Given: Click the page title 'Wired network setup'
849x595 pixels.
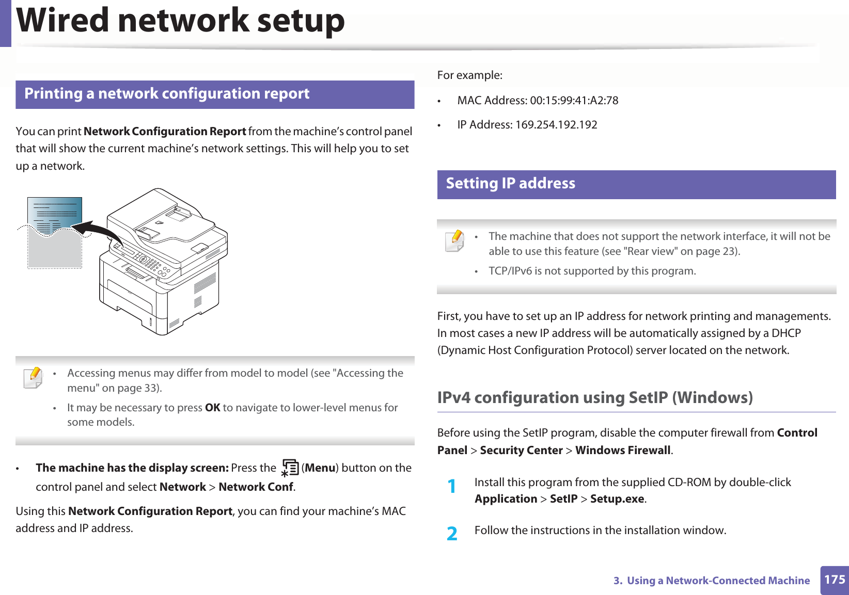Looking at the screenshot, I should (181, 21).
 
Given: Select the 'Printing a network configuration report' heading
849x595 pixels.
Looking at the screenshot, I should (167, 94).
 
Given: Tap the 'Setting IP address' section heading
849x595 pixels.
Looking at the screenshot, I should (510, 184).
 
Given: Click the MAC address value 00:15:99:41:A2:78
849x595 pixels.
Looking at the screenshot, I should (574, 101).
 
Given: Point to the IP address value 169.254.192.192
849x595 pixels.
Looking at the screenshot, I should (556, 125).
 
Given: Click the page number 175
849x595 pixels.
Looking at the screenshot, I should (835, 580).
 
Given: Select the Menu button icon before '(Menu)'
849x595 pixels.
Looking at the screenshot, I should (290, 468).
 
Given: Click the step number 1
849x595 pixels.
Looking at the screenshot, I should (452, 486).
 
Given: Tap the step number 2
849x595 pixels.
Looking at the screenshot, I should (452, 533).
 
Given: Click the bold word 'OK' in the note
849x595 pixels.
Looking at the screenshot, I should (212, 408).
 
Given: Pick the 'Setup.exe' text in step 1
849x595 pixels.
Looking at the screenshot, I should (617, 499).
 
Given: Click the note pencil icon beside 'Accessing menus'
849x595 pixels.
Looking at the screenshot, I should (34, 378).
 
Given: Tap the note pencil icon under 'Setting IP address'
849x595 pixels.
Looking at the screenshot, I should (454, 241).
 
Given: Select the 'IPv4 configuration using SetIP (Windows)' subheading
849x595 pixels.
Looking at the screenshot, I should (595, 398).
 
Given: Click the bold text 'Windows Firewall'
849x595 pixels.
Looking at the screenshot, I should (623, 451).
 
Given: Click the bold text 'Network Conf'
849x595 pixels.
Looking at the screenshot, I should (256, 487).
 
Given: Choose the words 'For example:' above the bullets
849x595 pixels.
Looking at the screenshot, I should (469, 75).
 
